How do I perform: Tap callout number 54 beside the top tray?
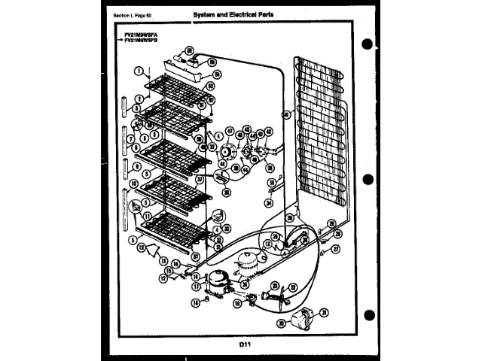click(216, 74)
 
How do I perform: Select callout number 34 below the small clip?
click(269, 202)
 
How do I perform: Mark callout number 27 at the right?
click(336, 248)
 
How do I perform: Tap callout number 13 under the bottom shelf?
click(165, 259)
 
